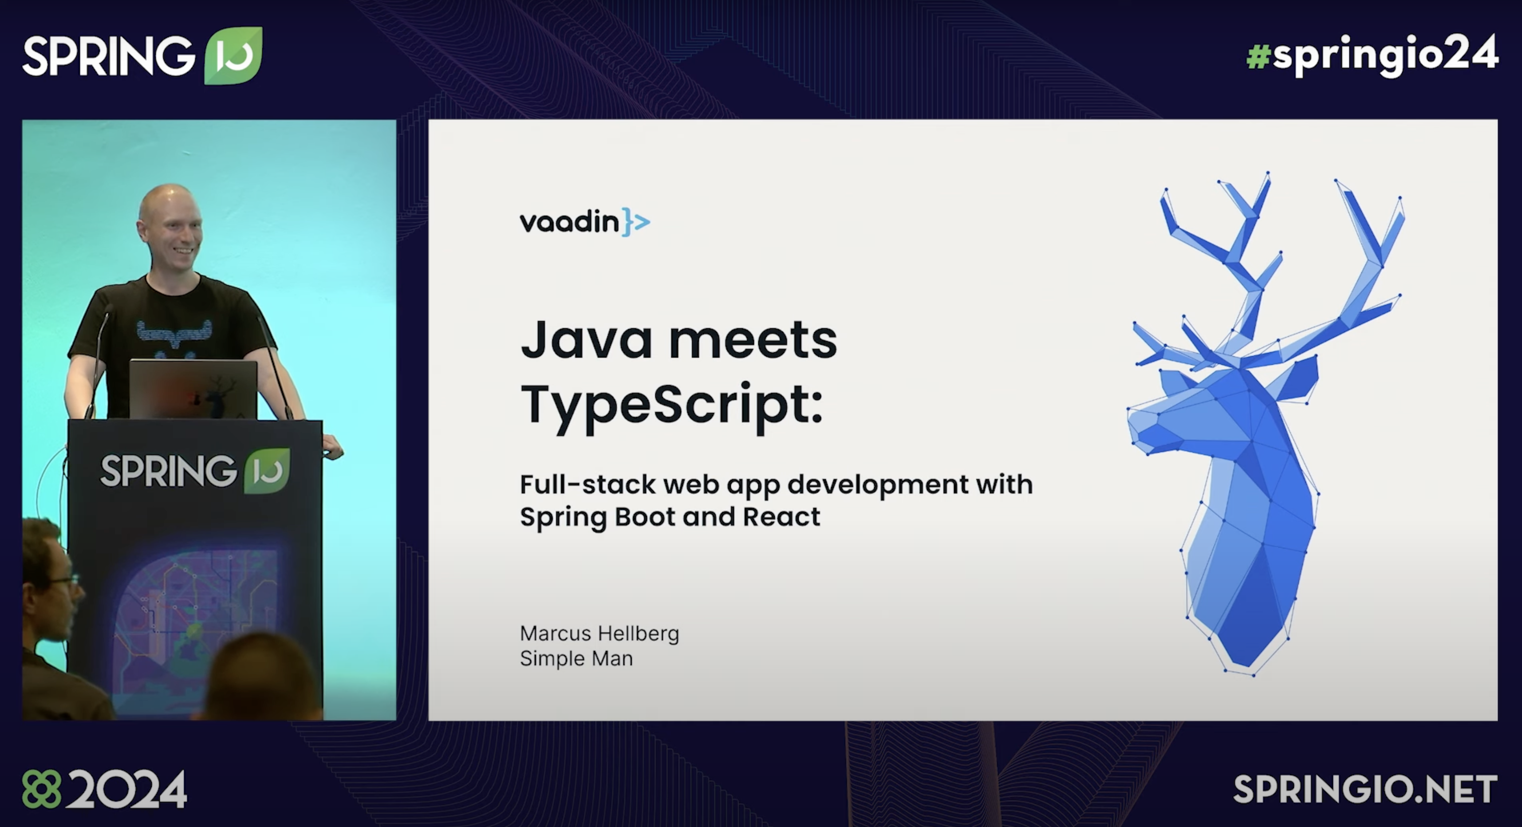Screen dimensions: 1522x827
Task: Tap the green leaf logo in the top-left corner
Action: click(233, 55)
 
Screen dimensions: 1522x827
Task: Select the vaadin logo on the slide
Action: click(585, 222)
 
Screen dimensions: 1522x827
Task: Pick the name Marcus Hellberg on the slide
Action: click(599, 633)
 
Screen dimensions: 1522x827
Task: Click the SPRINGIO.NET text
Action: click(1365, 789)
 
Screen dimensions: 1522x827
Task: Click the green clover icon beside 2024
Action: click(41, 789)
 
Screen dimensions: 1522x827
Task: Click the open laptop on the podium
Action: click(193, 389)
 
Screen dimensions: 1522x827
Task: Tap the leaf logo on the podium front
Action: click(267, 471)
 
